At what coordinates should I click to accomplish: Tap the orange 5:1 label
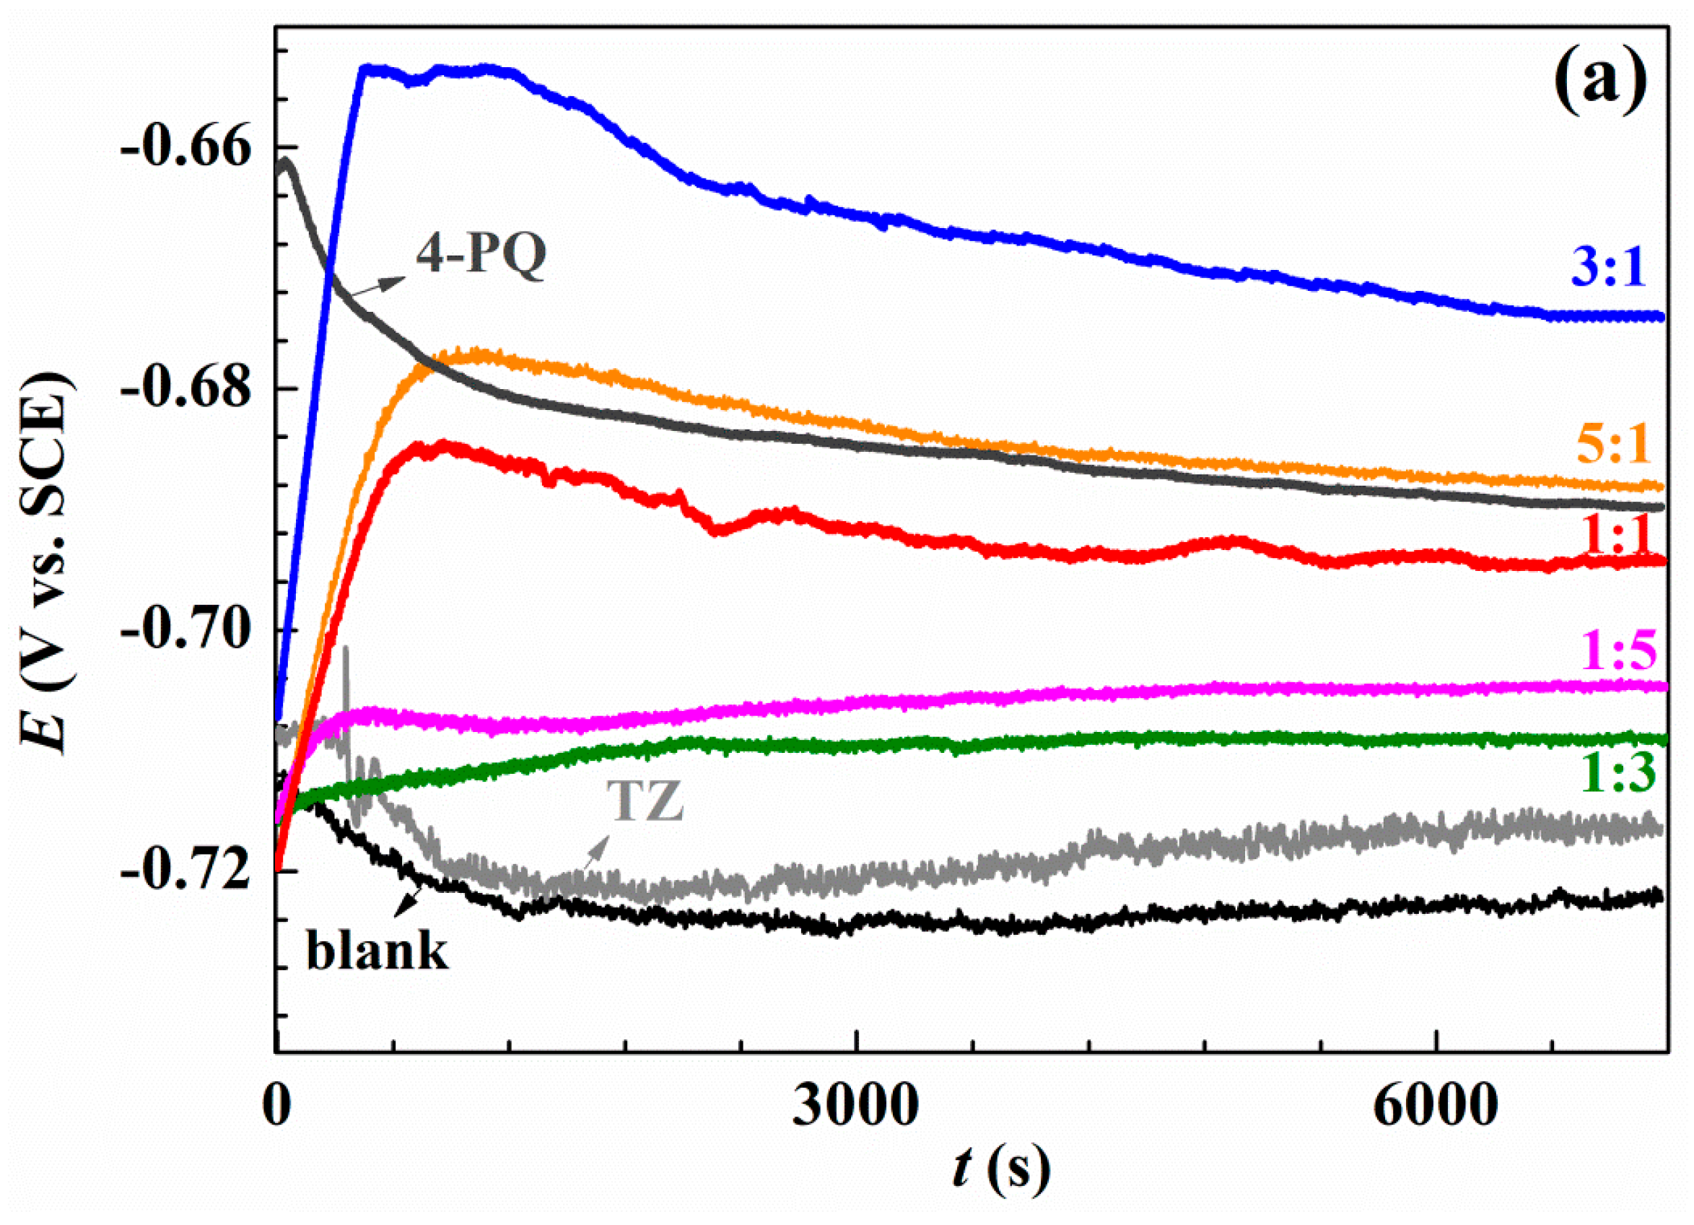(1612, 446)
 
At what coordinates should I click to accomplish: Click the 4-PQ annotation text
(481, 256)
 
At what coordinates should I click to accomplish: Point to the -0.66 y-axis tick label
(184, 147)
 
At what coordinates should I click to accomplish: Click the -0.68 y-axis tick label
(184, 388)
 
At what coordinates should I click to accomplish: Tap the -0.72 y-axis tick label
(184, 871)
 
